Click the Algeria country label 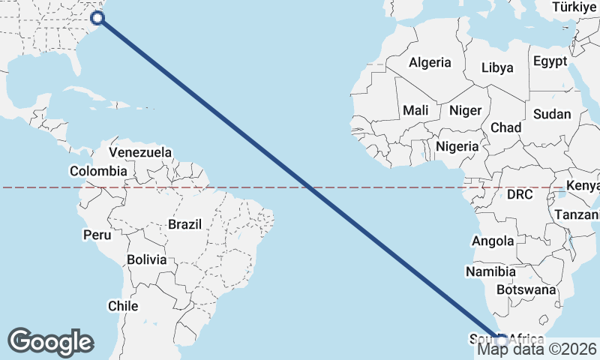coord(430,63)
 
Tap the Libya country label coord(497,67)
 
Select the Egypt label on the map coord(550,61)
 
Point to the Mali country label coord(415,110)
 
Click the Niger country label coord(465,110)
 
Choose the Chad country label coord(506,127)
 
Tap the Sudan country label coord(552,115)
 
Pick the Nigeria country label coord(457,146)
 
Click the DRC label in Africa coord(520,194)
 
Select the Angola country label coord(493,241)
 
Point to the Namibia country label coord(490,271)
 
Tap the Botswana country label coord(526,289)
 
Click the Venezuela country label coord(140,152)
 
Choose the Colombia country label coord(98,171)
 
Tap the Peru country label coord(97,235)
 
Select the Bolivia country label coord(146,260)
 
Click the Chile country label coord(123,306)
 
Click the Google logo coord(50,342)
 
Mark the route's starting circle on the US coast coord(97,19)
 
